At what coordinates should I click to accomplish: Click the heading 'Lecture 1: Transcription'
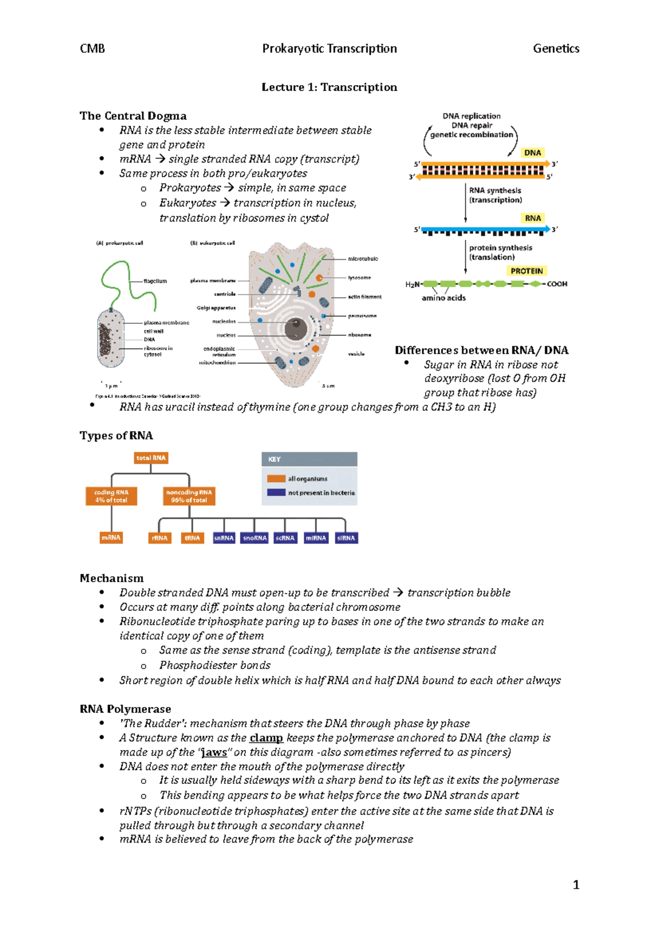[329, 87]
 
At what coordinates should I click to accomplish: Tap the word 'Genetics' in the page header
[556, 49]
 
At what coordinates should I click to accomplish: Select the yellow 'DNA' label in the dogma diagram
[532, 153]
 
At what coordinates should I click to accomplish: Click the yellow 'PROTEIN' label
[526, 271]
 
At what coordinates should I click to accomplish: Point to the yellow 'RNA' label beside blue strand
[533, 218]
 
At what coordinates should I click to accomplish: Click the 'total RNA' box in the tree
[151, 458]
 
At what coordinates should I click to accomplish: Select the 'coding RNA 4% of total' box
[111, 496]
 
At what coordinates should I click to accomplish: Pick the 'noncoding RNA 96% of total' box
[189, 496]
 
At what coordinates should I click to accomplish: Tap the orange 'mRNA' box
[111, 538]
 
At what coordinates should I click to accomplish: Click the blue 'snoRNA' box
[255, 538]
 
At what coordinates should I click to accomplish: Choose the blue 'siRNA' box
[346, 538]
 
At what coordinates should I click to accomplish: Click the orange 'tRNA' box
[192, 538]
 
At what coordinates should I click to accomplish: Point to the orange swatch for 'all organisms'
[276, 479]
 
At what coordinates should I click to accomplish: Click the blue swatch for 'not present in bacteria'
[276, 492]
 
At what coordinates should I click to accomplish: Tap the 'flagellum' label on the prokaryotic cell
[155, 281]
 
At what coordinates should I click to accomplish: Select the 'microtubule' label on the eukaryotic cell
[363, 259]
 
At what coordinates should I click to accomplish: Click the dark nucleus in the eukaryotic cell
[295, 329]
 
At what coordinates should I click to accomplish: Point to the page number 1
[576, 885]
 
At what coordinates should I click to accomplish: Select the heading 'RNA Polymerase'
[125, 709]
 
